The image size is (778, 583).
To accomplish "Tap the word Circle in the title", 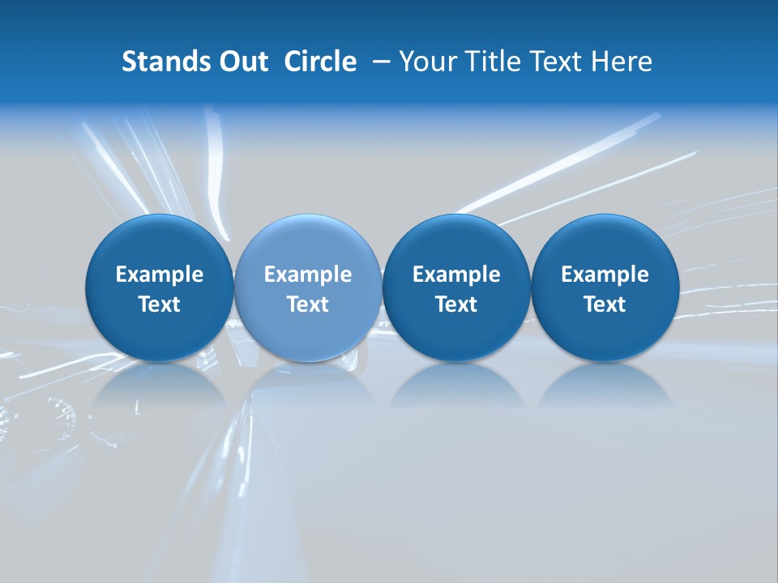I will point(320,62).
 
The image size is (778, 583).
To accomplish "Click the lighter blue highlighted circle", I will point(308,287).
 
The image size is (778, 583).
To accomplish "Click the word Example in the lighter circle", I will point(308,274).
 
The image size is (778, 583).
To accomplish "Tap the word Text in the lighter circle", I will point(308,304).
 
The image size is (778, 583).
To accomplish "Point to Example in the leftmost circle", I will point(159,274).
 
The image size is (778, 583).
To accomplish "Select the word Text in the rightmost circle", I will point(605,304).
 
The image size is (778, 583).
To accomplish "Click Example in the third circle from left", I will point(456,274).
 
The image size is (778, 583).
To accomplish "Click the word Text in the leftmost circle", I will point(159,304).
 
